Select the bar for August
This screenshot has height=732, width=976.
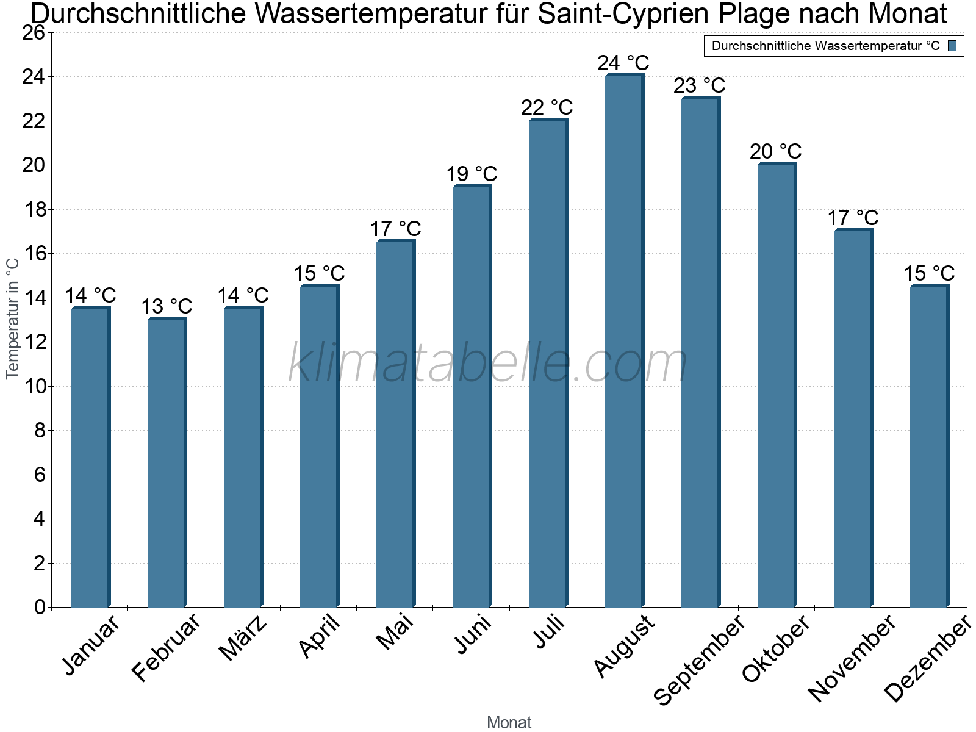click(x=624, y=342)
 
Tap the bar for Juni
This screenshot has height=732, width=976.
click(x=472, y=396)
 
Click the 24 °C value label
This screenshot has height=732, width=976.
click(x=623, y=63)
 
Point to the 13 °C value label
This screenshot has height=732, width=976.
click(x=167, y=306)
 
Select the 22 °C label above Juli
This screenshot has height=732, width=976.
click(x=547, y=107)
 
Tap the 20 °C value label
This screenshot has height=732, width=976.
click(x=775, y=151)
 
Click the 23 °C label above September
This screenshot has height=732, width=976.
click(x=699, y=85)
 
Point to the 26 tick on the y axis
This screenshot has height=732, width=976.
click(x=34, y=32)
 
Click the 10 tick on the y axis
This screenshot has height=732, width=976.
click(x=34, y=386)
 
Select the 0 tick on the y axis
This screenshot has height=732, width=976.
click(x=40, y=607)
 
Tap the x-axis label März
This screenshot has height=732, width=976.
click(x=243, y=638)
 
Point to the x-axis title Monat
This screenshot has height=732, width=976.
click(x=509, y=723)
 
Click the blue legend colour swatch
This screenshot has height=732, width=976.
click(x=952, y=46)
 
